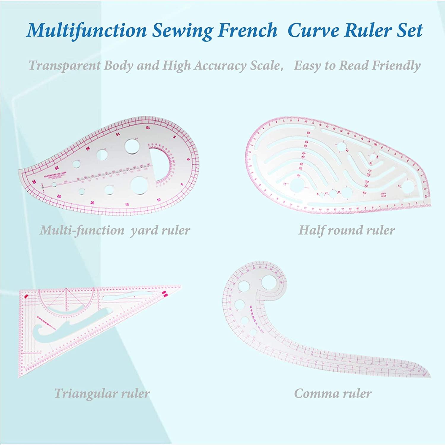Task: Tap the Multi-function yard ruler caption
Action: point(115,230)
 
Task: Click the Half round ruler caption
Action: point(347,230)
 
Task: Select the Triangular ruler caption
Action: point(102,394)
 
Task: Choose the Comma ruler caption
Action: point(333,394)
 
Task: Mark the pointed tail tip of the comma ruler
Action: point(430,376)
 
